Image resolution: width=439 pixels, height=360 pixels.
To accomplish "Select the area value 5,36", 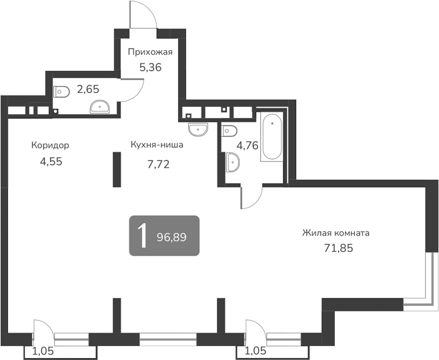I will [x=150, y=67].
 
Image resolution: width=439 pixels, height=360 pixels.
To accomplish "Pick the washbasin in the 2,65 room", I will [x=100, y=105].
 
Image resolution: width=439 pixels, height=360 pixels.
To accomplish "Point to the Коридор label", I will [x=50, y=145].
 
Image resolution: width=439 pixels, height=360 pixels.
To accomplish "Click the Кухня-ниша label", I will [x=157, y=144].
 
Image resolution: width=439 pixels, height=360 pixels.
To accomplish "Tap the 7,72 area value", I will [x=158, y=162].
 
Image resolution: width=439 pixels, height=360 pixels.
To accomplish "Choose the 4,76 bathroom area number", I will [x=248, y=145].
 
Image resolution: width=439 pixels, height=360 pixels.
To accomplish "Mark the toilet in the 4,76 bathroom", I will [x=228, y=130].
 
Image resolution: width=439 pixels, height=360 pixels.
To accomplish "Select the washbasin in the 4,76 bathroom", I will [x=232, y=162].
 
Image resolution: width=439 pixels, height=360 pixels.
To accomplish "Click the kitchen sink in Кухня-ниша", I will [x=198, y=128].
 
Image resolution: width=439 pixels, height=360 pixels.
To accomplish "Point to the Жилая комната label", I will [x=336, y=233].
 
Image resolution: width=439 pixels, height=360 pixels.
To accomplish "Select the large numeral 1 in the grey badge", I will [x=141, y=236].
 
